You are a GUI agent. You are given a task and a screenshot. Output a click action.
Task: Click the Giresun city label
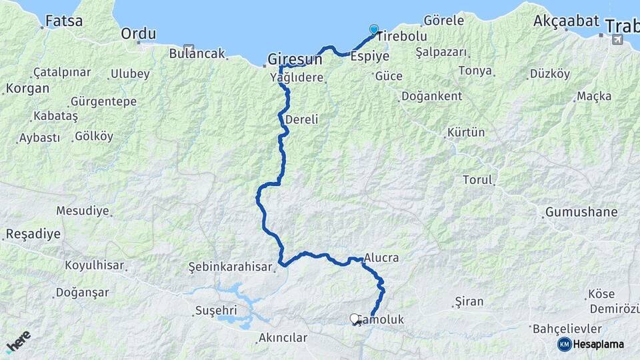(295, 59)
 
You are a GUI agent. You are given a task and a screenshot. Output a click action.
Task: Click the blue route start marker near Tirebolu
(374, 29)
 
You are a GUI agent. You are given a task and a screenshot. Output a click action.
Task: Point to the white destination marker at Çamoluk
(355, 319)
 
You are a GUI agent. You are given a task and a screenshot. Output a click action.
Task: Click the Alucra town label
(382, 259)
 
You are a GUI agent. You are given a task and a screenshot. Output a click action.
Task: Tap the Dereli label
(301, 120)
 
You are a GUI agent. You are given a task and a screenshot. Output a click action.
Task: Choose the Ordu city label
(139, 34)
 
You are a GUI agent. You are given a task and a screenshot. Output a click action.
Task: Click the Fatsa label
(65, 21)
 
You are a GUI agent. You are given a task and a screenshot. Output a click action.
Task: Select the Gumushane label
(581, 213)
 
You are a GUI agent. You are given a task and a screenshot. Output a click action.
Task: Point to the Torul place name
(477, 179)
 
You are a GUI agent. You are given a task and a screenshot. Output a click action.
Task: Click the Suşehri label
(215, 311)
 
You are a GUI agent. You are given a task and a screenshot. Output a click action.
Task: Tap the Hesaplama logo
(591, 344)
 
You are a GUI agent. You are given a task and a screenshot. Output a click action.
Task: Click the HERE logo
(19, 342)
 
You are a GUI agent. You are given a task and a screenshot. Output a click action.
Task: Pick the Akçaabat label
(566, 21)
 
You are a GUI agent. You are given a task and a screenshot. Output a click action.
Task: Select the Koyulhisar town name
(94, 265)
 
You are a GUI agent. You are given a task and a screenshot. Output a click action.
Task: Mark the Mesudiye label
(82, 211)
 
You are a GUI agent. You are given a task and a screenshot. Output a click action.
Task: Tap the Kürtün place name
(467, 132)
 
